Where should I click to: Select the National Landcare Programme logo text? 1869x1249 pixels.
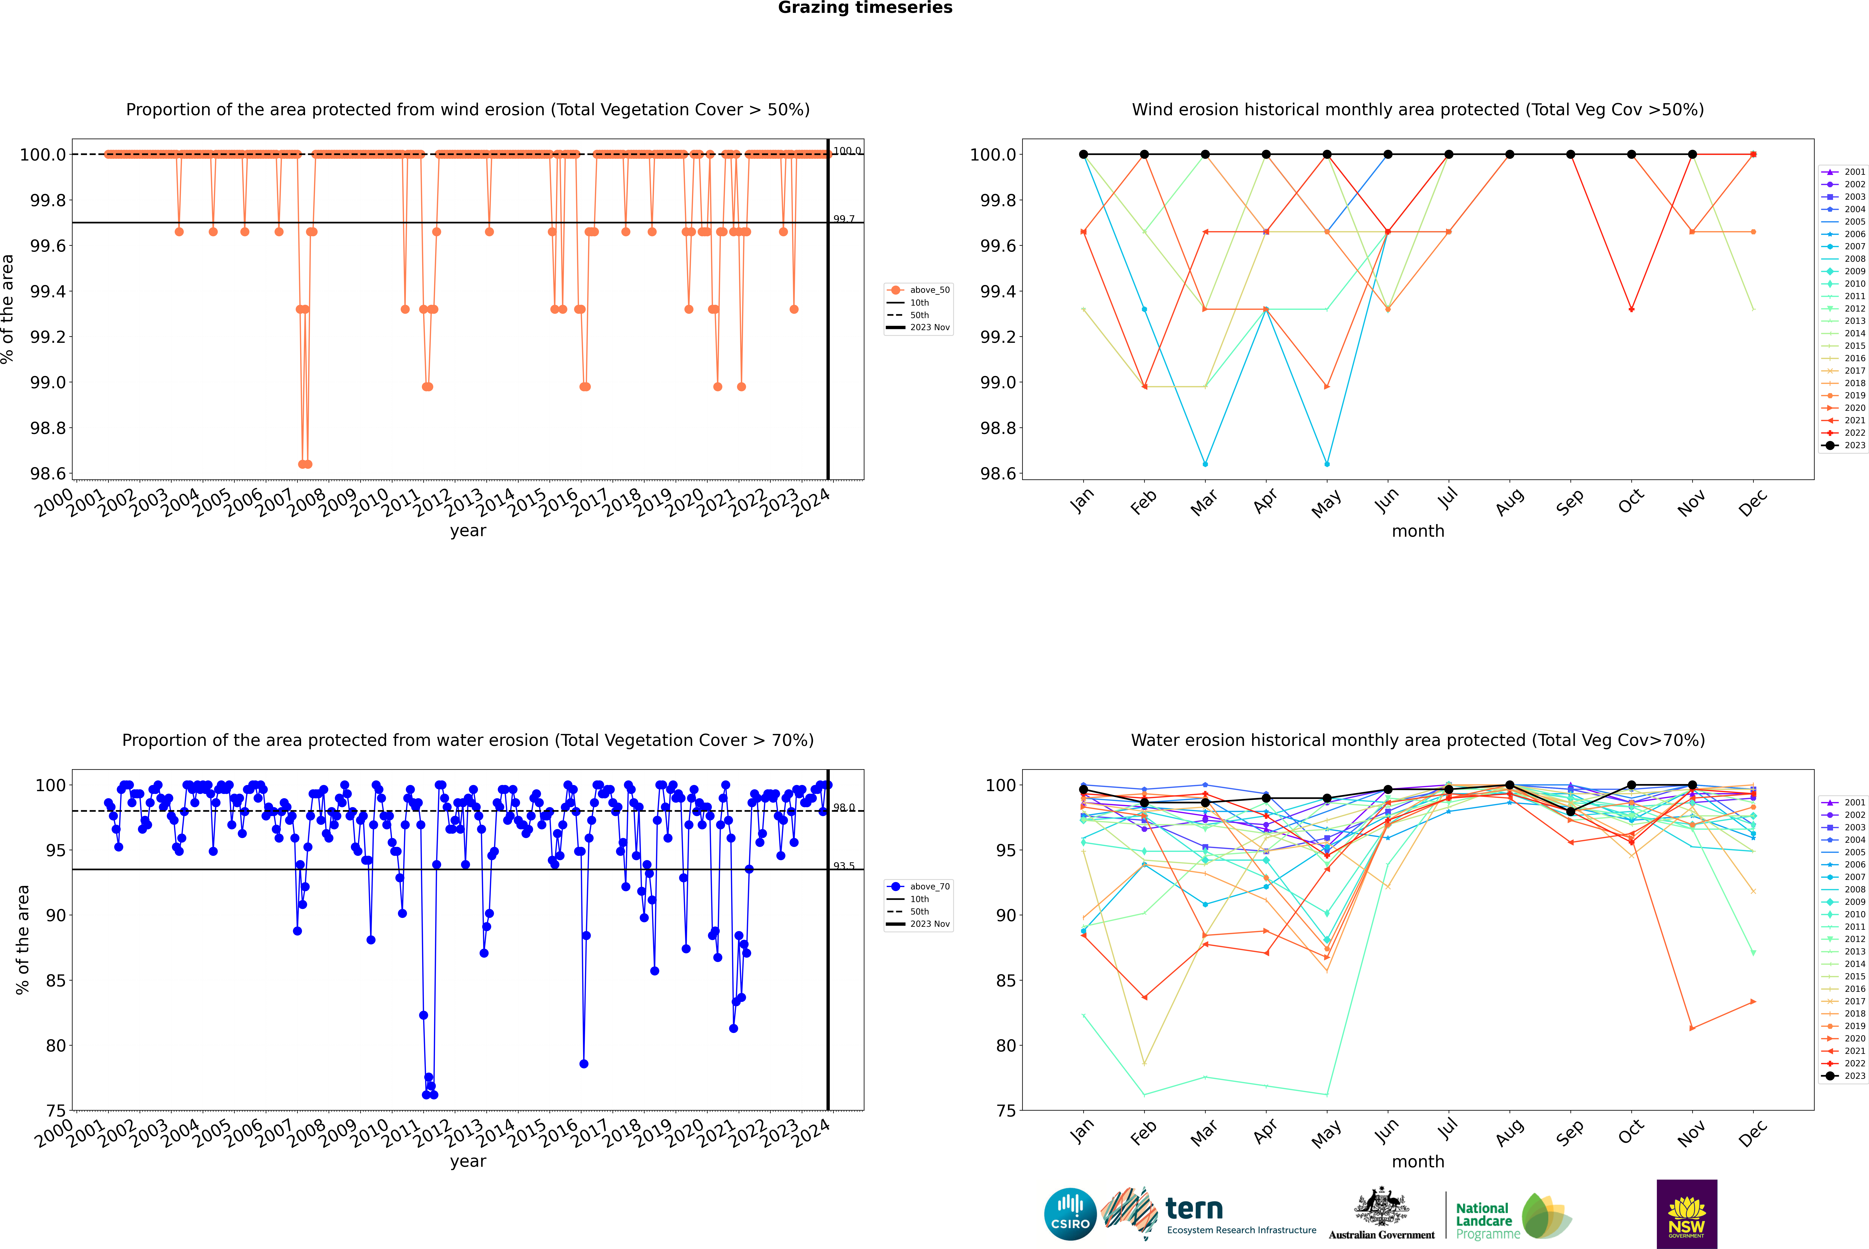tap(1483, 1220)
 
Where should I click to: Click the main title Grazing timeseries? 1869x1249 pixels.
tap(865, 8)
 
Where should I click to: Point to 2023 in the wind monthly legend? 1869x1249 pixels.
tap(1854, 445)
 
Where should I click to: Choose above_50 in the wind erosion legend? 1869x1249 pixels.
tap(929, 290)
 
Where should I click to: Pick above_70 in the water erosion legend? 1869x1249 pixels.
tap(929, 887)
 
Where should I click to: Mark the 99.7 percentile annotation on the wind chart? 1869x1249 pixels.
tap(844, 219)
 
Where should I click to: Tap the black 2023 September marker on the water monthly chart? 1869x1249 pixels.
tap(1570, 812)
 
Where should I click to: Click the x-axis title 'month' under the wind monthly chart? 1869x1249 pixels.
tap(1417, 531)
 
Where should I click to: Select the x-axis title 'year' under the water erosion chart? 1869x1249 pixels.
tap(468, 1161)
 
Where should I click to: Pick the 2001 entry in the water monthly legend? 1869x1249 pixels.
tap(1854, 802)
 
